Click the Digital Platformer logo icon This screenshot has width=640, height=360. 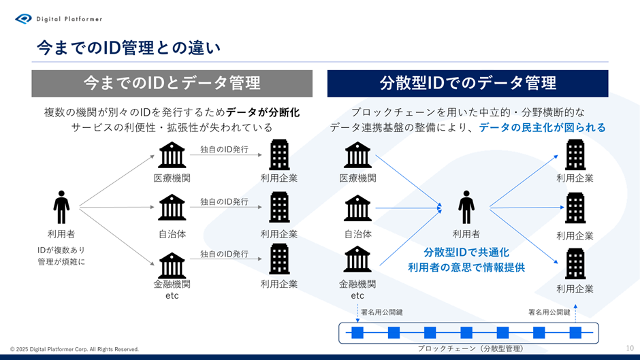pyautogui.click(x=23, y=19)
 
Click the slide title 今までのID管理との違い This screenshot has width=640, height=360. pyautogui.click(x=129, y=48)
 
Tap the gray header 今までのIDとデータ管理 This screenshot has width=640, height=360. pyautogui.click(x=172, y=83)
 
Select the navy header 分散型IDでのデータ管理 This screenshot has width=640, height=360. pyautogui.click(x=468, y=83)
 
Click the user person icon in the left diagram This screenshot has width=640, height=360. pyautogui.click(x=61, y=208)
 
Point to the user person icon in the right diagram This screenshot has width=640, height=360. pyautogui.click(x=466, y=208)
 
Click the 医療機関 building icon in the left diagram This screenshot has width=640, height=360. pyautogui.click(x=172, y=155)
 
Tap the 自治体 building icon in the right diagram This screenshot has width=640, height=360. pyautogui.click(x=357, y=208)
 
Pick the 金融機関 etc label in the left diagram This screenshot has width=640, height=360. pyautogui.click(x=172, y=289)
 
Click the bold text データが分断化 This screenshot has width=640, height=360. pyautogui.click(x=263, y=112)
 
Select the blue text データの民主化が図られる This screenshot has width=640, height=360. pyautogui.click(x=543, y=127)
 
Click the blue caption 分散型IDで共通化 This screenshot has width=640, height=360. pyautogui.click(x=466, y=252)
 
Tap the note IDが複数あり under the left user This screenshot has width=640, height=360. pyautogui.click(x=61, y=250)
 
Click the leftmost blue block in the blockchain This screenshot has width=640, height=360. pyautogui.click(x=357, y=333)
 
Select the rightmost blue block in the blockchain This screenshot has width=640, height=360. pyautogui.click(x=575, y=333)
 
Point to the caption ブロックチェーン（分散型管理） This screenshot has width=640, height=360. pyautogui.click(x=470, y=348)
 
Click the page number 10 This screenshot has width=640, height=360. pyautogui.click(x=630, y=348)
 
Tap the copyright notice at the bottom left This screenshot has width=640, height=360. pyautogui.click(x=75, y=349)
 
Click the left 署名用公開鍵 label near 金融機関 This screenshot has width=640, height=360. pyautogui.click(x=382, y=312)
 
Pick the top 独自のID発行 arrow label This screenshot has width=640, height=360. pyautogui.click(x=224, y=150)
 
